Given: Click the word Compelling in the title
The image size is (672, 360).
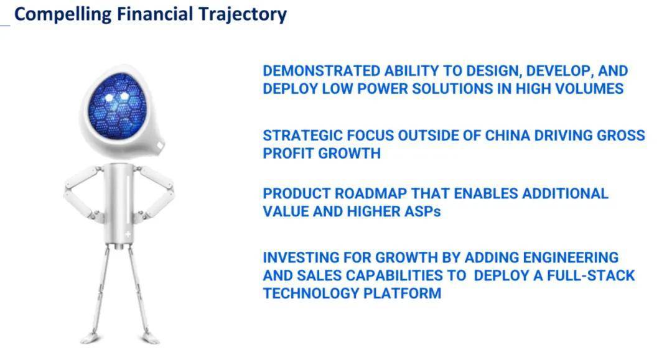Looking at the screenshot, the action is click(x=63, y=14).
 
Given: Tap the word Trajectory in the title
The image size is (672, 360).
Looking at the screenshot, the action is click(x=242, y=14).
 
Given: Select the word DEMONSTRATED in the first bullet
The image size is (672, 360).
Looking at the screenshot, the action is click(x=322, y=71).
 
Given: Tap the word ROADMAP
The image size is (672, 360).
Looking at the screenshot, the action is click(x=371, y=193).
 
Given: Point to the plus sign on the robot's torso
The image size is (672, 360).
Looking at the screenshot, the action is click(x=128, y=234).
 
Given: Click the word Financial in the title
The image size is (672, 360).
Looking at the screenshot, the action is click(x=155, y=14).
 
